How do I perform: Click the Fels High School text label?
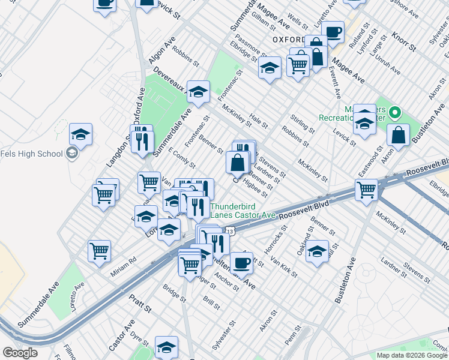point(31,154)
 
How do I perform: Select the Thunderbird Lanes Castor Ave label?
point(243,209)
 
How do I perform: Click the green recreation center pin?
point(394,112)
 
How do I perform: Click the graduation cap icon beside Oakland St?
point(317,251)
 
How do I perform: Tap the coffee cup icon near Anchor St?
point(241,262)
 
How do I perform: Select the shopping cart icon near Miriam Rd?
point(100,251)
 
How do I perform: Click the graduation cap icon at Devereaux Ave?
point(198,92)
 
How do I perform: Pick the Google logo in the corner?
point(20,353)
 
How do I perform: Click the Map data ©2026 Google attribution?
point(412,355)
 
